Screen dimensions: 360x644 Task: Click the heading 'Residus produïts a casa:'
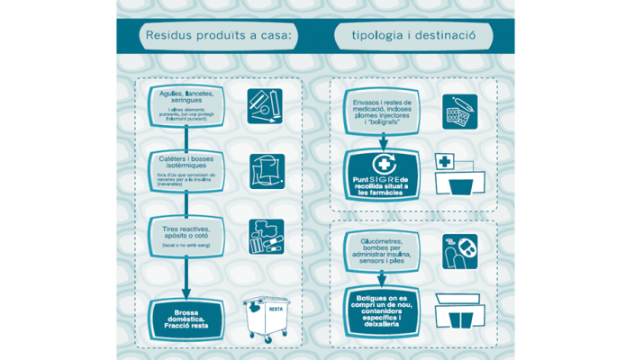[x=219, y=36]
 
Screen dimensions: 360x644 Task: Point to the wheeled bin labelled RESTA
[x=268, y=318]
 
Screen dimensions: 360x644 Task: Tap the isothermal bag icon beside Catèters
[x=267, y=171]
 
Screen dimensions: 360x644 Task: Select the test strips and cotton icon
[x=267, y=237]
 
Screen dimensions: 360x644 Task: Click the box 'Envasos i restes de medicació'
[x=382, y=112]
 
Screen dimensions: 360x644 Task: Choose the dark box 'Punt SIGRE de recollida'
[x=381, y=175]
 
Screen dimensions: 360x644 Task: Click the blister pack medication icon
[x=459, y=112]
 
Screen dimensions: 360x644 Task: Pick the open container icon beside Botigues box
[x=463, y=310]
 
